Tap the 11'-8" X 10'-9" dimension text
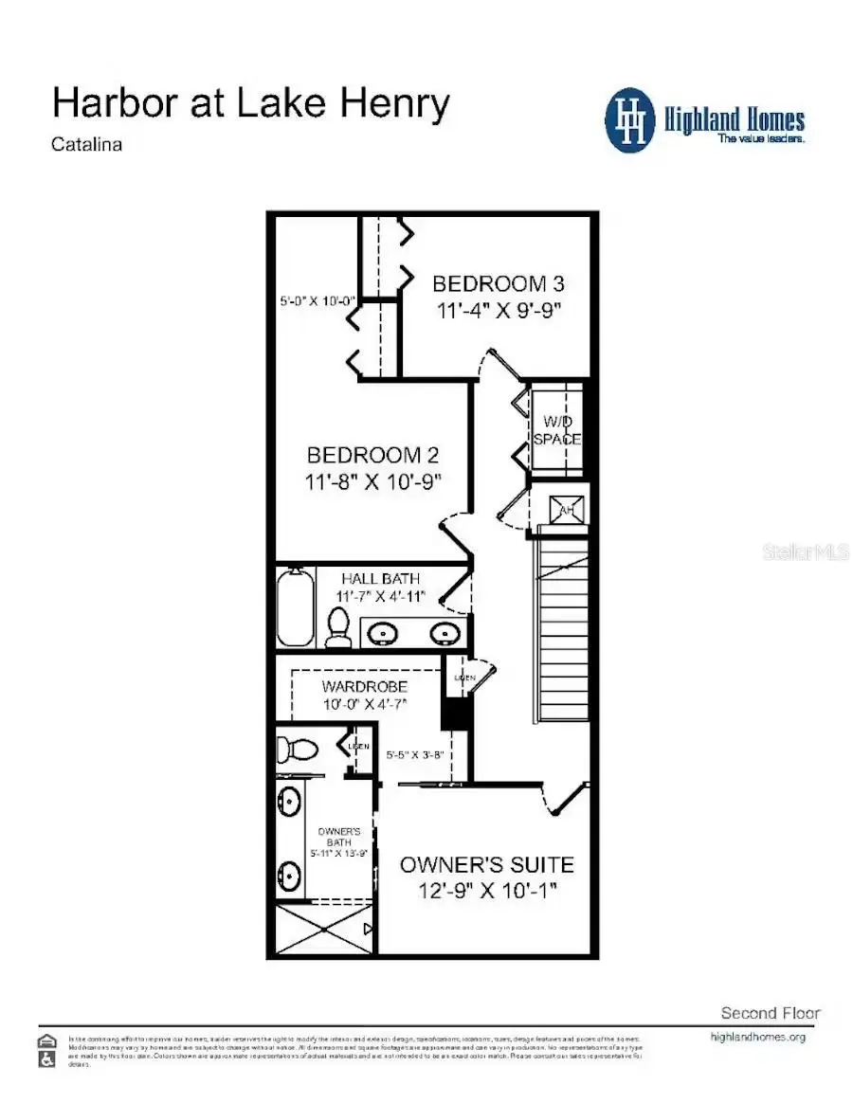tap(373, 482)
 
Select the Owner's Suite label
tap(486, 865)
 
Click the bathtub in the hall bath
tap(296, 606)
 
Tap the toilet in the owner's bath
tap(300, 749)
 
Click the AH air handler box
tap(568, 509)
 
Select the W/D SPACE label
tap(556, 430)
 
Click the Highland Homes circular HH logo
tap(630, 120)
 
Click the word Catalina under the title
tap(87, 145)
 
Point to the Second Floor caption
tap(770, 1013)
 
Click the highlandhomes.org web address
tap(757, 1037)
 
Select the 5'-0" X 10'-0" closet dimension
tap(317, 301)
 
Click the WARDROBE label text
tap(364, 686)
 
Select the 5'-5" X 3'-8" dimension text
tap(416, 756)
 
